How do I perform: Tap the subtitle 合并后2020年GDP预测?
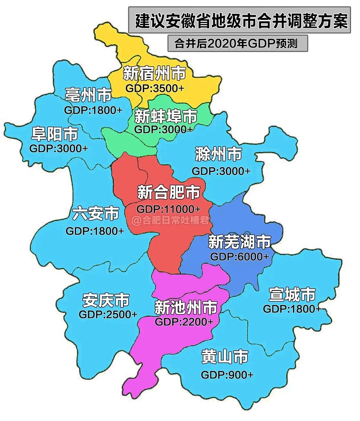point(236,43)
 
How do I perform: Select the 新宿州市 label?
point(154,73)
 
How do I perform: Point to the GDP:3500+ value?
point(155,88)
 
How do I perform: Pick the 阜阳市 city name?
point(55,134)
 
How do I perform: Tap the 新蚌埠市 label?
point(166,116)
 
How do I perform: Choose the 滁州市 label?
point(219,154)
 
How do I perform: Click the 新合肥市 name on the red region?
point(169,192)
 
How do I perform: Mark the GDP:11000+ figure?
point(168,209)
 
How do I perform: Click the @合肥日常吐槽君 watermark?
point(170,221)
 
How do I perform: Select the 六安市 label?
point(96,214)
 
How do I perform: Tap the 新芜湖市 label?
point(239,242)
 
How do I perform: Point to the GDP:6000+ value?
point(239,257)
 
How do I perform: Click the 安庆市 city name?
point(106,300)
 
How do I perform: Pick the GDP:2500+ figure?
point(108,314)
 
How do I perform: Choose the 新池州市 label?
point(186,307)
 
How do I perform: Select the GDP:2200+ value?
point(184,322)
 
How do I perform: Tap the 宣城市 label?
point(292,294)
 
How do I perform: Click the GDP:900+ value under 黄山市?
point(227,375)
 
